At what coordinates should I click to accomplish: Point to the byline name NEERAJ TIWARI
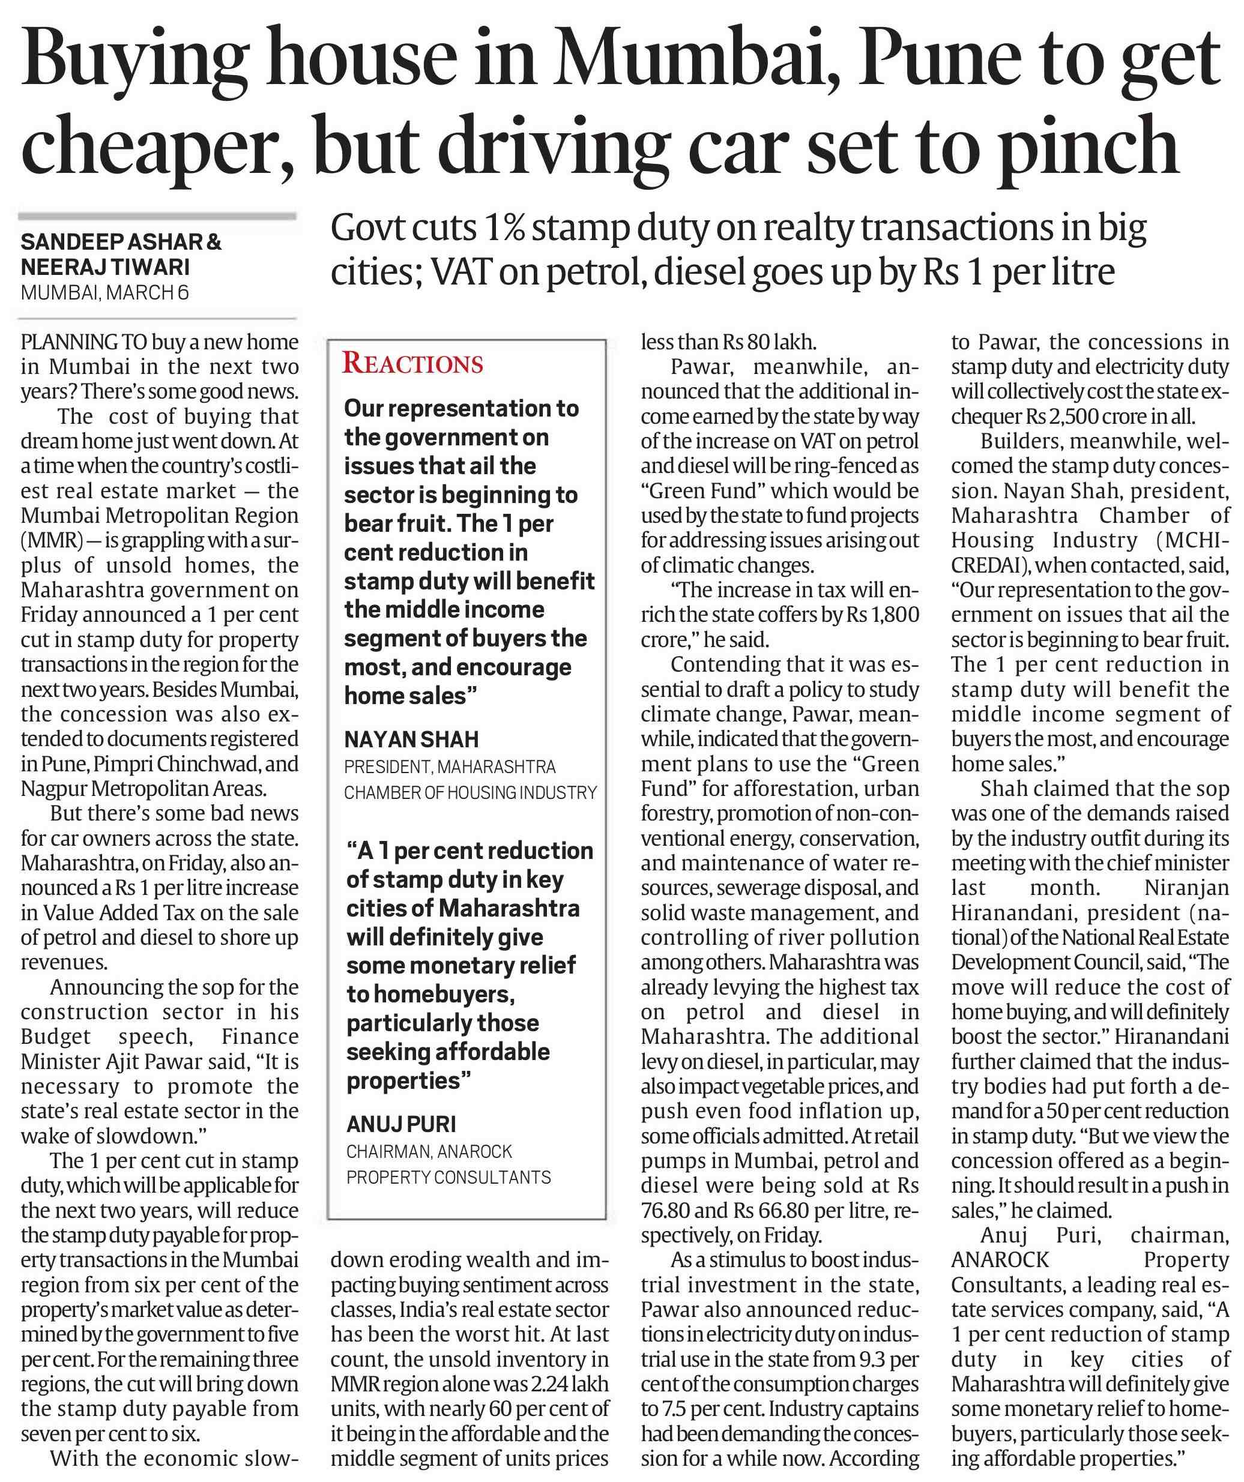click(105, 268)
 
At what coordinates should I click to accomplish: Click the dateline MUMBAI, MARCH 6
click(105, 292)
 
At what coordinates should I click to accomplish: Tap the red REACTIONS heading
click(413, 363)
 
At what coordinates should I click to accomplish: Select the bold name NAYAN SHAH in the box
click(412, 739)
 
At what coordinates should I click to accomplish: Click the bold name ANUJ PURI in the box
click(401, 1124)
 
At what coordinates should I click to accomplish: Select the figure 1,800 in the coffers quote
click(895, 615)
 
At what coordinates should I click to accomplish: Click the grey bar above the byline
click(157, 216)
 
